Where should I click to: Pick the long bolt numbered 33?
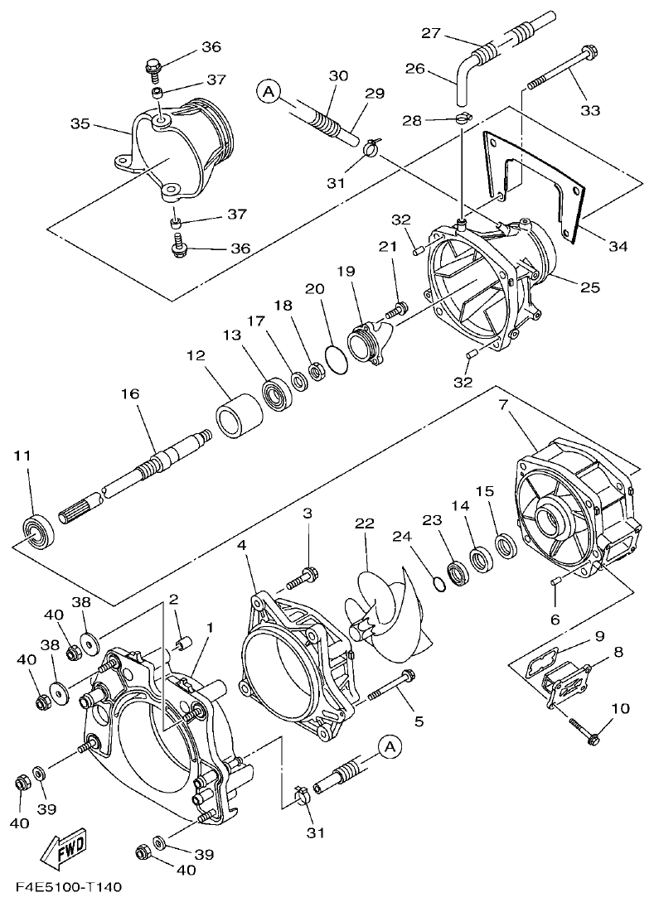560,69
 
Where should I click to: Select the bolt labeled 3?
303,574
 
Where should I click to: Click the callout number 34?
618,246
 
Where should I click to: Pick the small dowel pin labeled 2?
186,641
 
